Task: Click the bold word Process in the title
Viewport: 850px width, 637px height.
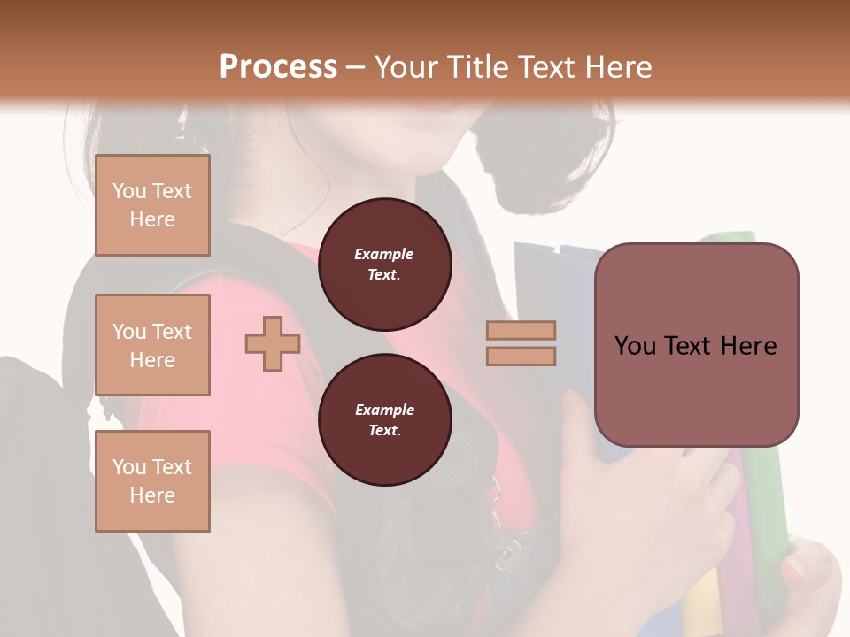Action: [278, 66]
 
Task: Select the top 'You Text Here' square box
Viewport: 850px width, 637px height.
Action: [152, 205]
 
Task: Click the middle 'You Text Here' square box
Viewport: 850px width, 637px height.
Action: [152, 345]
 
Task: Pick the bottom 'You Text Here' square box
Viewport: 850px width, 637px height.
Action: [152, 481]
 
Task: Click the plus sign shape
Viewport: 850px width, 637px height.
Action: [273, 343]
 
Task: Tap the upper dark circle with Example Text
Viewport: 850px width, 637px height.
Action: [384, 265]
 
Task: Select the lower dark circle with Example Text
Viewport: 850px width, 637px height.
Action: [384, 420]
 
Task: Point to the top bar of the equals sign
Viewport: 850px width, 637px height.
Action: [522, 331]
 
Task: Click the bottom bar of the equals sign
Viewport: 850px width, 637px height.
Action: [522, 356]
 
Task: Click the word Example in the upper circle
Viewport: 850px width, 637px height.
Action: [384, 255]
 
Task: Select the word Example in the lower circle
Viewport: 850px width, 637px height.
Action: [384, 411]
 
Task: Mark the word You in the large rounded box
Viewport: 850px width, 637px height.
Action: [634, 346]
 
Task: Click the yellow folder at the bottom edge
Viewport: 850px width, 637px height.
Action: [704, 610]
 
